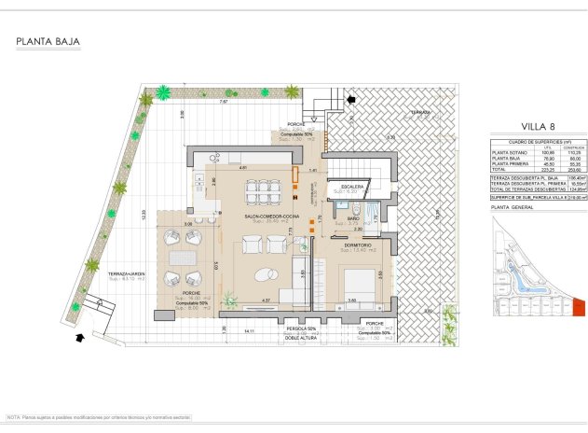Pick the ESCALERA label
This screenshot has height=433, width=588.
tap(353, 187)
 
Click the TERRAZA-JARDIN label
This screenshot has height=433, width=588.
tap(124, 272)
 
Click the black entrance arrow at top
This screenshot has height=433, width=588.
tap(350, 97)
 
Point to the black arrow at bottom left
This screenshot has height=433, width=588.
tap(87, 339)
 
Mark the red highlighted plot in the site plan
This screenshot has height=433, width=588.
tap(577, 305)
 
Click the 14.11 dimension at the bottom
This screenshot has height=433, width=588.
tap(248, 331)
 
